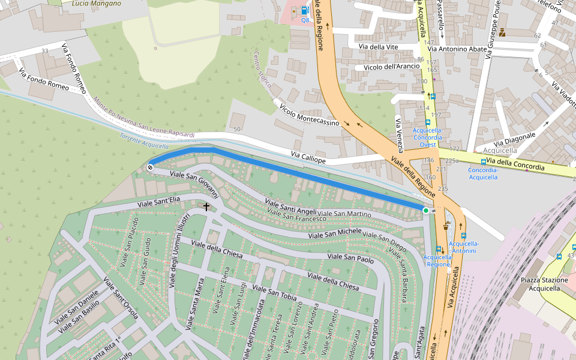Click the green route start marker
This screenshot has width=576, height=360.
(426, 211)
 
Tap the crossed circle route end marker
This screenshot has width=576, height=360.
(150, 167)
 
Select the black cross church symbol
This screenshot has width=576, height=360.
(206, 207)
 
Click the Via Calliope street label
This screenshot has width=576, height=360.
(308, 158)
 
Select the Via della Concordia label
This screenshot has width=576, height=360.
(515, 164)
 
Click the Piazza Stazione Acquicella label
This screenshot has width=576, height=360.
(544, 284)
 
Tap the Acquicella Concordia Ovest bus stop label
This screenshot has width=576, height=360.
(428, 137)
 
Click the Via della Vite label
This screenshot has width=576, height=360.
(378, 47)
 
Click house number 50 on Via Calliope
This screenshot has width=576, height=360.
(237, 129)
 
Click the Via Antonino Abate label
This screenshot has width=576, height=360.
(458, 49)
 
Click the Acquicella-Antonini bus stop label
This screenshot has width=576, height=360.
(464, 247)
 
